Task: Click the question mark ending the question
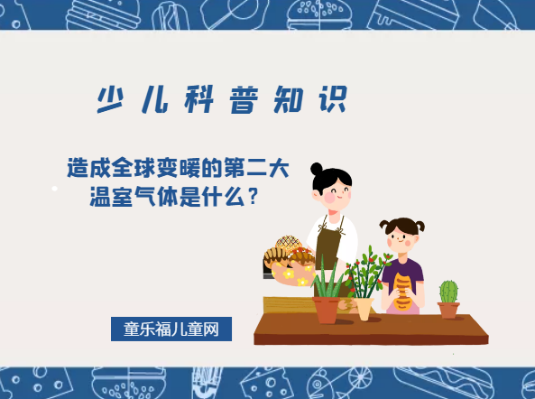pos(254,195)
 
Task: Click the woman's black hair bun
pos(317,169)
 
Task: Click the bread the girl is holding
pos(402,289)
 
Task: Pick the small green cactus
pos(448,292)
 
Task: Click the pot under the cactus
pos(448,310)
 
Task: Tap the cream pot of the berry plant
pos(364,308)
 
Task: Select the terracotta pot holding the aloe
pos(327,309)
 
